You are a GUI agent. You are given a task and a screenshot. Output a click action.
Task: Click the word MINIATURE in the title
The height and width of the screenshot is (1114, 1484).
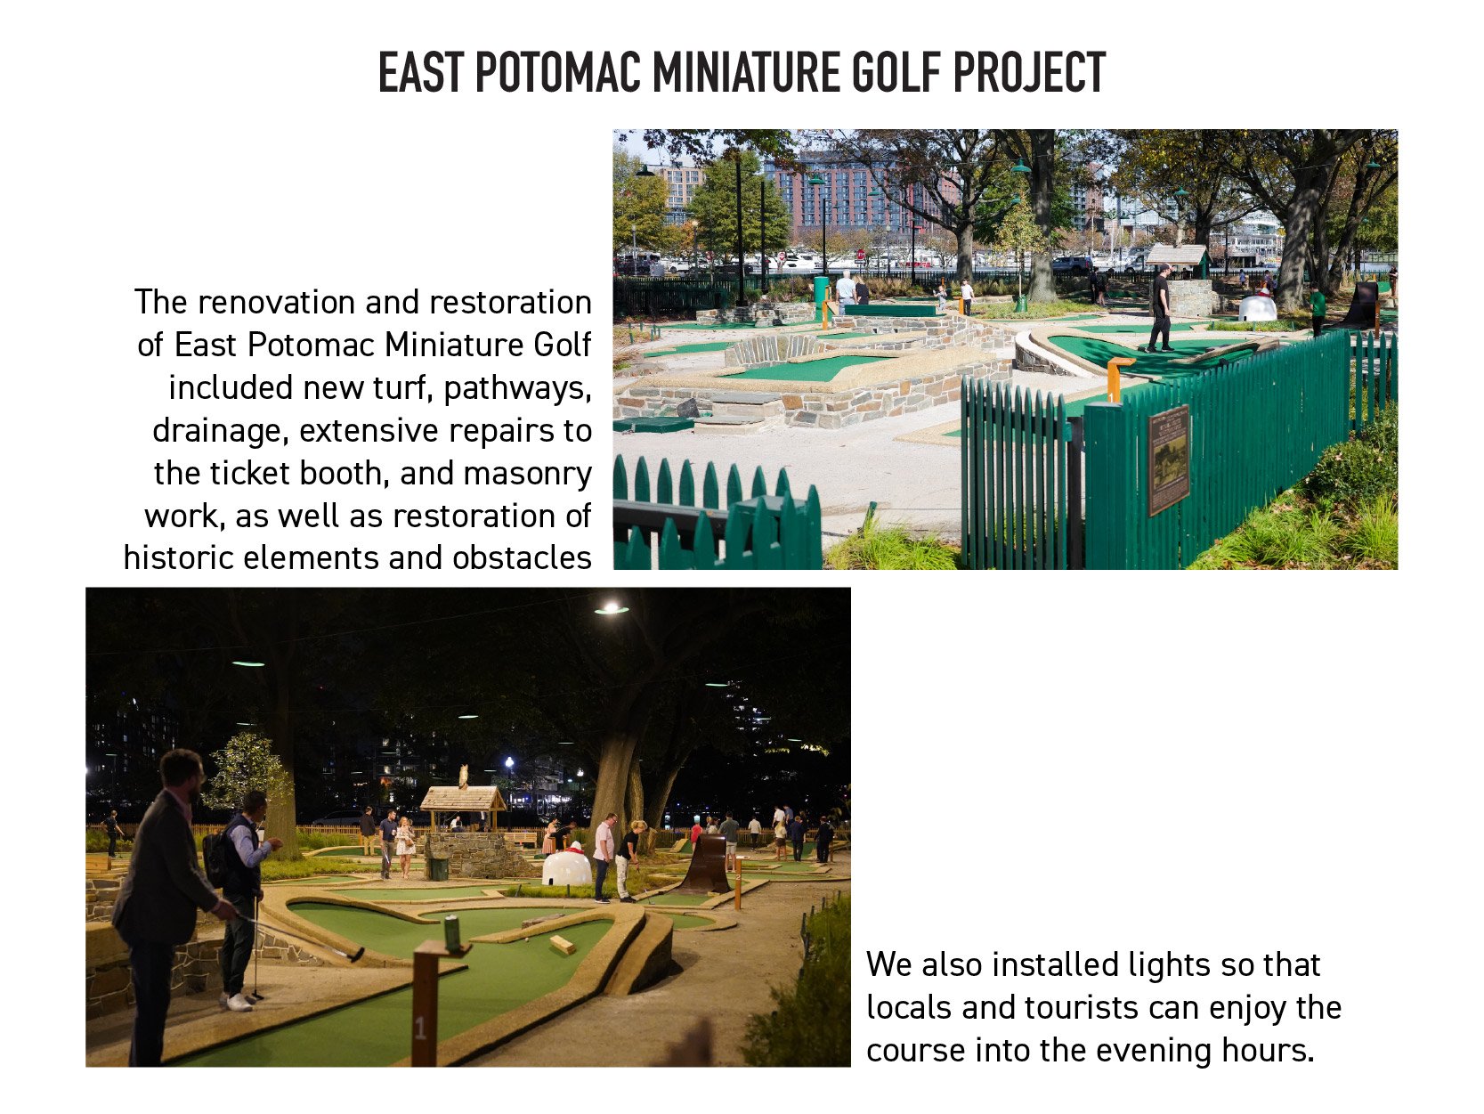pos(746,72)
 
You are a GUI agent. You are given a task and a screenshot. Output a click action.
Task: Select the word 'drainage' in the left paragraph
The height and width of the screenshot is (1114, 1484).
pos(221,431)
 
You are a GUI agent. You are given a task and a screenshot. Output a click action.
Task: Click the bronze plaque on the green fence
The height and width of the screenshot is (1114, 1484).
pos(1168,459)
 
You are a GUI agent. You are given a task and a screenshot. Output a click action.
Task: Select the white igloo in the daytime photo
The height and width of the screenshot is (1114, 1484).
pos(1257,308)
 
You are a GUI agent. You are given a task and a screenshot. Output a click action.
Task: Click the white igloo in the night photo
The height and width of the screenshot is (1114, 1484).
pos(567,866)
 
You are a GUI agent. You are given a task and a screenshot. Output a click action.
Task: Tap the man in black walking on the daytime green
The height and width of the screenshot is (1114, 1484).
pos(1159,308)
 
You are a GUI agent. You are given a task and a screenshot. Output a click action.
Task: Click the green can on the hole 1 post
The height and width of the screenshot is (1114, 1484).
pos(452,931)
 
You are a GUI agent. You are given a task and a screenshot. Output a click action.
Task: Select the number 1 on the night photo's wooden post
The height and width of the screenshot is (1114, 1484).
pos(420,1029)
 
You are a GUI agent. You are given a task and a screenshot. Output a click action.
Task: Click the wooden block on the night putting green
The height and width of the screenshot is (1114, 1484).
pos(562,944)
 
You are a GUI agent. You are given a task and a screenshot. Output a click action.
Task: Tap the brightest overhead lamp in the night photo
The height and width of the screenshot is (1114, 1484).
pos(612,609)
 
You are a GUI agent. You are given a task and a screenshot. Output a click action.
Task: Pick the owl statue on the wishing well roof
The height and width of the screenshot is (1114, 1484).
pos(463,776)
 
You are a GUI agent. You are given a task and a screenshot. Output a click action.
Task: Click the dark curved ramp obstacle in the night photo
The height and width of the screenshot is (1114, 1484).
pos(705,864)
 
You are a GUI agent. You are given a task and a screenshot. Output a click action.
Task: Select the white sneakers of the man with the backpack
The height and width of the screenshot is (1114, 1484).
pos(237,1002)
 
